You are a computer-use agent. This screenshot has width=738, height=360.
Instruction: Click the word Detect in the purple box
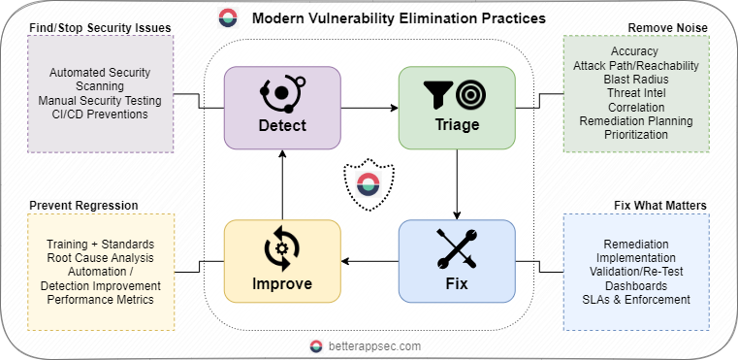click(282, 125)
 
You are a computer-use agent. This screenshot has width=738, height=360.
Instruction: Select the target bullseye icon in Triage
click(470, 93)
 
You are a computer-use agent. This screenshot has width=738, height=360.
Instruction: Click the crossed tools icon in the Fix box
click(456, 248)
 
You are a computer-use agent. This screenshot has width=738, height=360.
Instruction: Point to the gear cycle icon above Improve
click(282, 248)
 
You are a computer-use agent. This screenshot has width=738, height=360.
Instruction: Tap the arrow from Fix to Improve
click(369, 259)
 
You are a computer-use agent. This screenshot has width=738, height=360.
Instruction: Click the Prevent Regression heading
click(83, 205)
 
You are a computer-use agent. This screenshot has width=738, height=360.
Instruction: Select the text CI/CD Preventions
click(100, 115)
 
